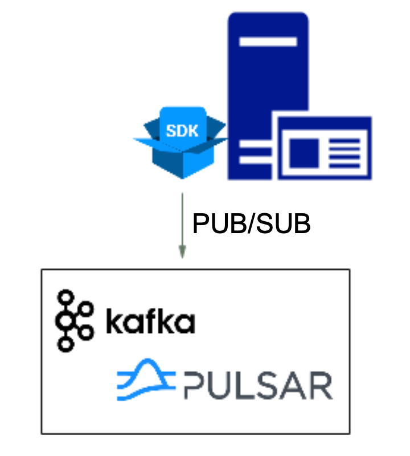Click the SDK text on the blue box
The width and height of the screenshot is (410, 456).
[182, 131]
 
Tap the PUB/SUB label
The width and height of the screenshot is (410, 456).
[251, 223]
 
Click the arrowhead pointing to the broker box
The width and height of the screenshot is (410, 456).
[182, 251]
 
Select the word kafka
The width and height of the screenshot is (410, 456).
[150, 321]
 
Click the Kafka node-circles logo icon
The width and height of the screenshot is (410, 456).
[75, 321]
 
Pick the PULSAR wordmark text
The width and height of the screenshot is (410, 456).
[259, 385]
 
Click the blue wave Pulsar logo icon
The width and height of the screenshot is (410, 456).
[146, 380]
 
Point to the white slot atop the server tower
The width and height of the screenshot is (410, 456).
[268, 42]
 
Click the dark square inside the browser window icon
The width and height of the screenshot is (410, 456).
[304, 153]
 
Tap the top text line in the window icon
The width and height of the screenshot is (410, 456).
[345, 141]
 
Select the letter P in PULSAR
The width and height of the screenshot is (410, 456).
[195, 385]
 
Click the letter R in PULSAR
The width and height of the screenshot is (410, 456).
[322, 385]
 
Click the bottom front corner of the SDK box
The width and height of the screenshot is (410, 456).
[182, 178]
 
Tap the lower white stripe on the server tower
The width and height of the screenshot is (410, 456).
[256, 160]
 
